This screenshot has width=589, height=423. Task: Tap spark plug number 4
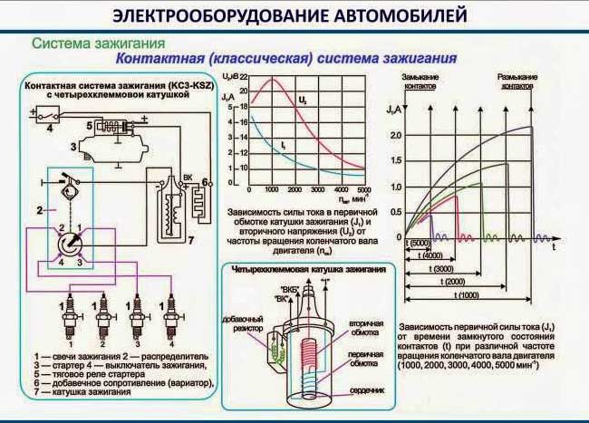click(x=168, y=316)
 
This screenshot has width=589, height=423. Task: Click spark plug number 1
click(x=65, y=316)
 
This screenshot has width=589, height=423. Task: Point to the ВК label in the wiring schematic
click(x=188, y=177)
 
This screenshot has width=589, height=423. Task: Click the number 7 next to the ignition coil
click(x=191, y=243)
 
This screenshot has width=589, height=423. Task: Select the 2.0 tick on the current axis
click(x=394, y=135)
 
